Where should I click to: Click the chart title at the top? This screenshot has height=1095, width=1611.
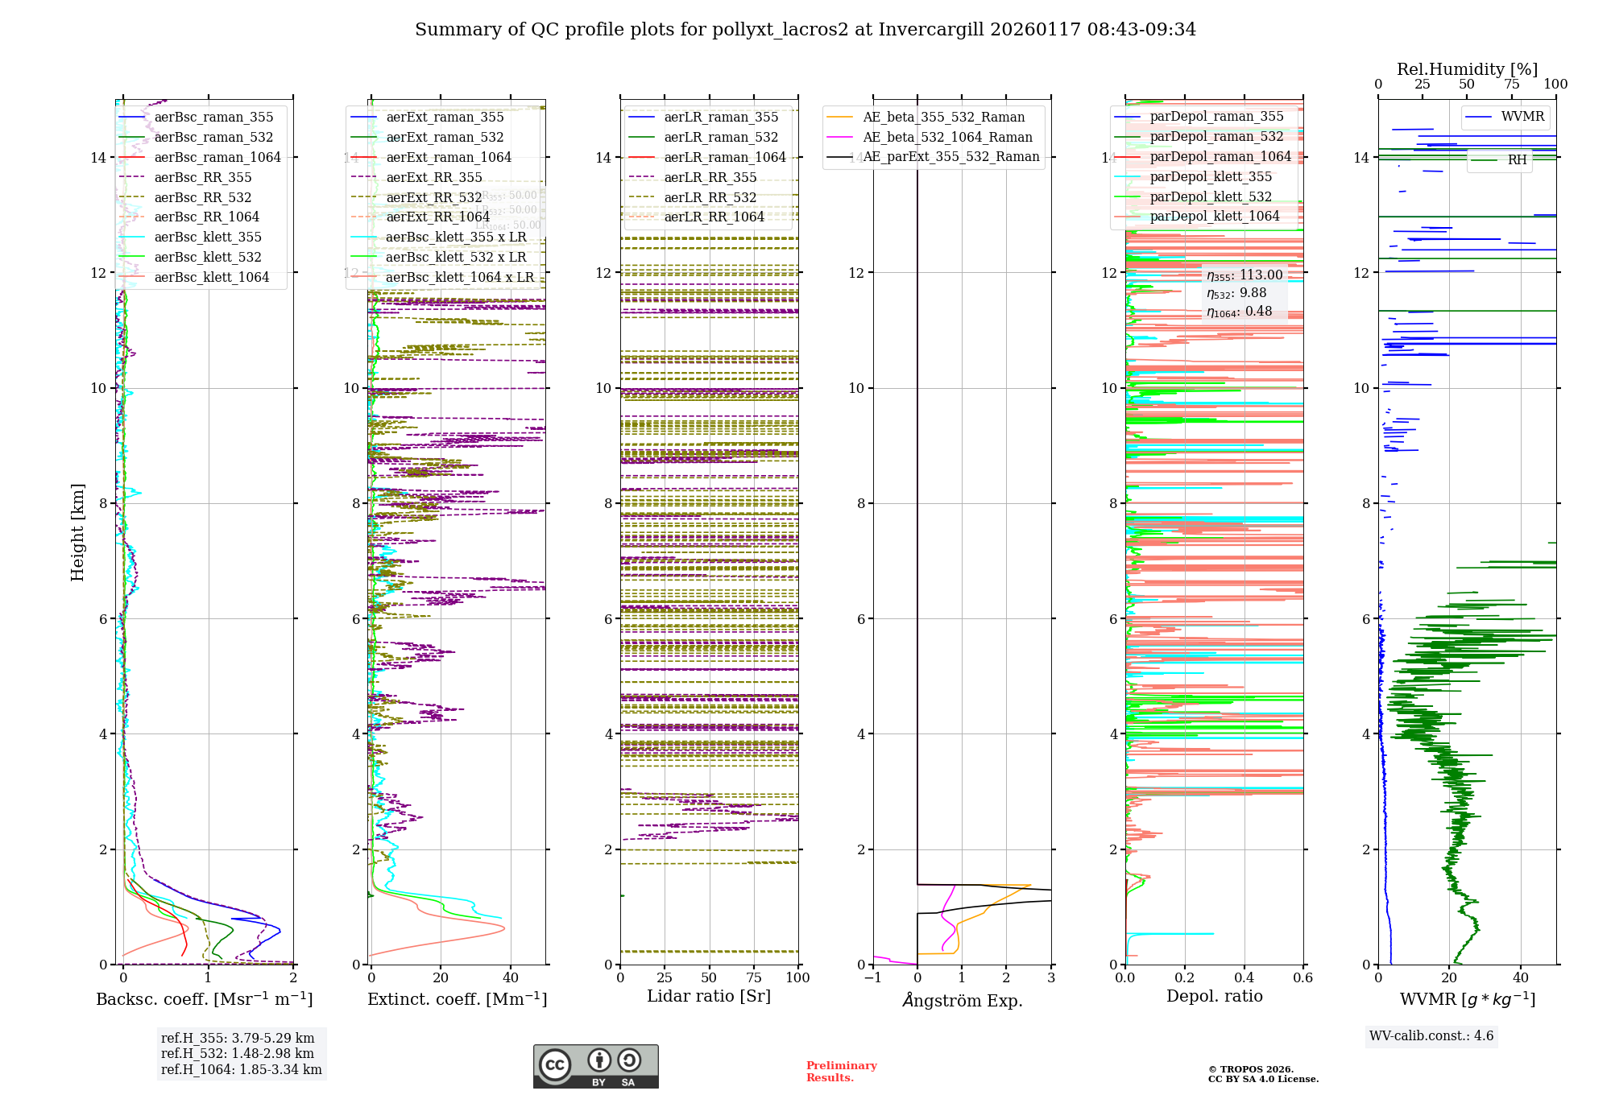pos(805,30)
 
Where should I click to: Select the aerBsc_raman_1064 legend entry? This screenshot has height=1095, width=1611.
pos(217,157)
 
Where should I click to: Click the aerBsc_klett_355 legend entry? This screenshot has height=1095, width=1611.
pos(208,237)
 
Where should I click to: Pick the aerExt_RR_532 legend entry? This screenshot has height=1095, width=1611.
pos(434,197)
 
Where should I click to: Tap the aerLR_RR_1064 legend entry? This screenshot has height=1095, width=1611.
pos(714,217)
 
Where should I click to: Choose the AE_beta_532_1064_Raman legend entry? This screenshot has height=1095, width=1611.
pos(947,137)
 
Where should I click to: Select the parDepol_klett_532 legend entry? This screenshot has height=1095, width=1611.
pos(1211,196)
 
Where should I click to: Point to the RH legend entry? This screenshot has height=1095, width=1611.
pos(1517,160)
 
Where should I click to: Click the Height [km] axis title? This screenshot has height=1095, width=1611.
pos(77,532)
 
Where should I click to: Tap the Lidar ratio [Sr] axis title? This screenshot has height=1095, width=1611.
pos(709,996)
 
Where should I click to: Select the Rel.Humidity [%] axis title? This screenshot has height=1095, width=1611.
pos(1467,69)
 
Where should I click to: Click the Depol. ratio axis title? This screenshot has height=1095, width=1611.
pos(1214,996)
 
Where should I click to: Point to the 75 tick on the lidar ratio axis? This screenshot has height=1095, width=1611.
pos(754,977)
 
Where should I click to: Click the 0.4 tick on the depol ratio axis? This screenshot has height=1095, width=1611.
pos(1244,977)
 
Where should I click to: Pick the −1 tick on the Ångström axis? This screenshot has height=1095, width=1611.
pos(872,977)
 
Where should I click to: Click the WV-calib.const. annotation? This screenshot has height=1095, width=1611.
pos(1431,1035)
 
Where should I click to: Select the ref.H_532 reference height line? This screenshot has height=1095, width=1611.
pos(238,1053)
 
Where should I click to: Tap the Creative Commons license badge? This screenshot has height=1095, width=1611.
pos(595,1066)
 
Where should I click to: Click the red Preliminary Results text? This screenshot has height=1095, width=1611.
pos(841,1071)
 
